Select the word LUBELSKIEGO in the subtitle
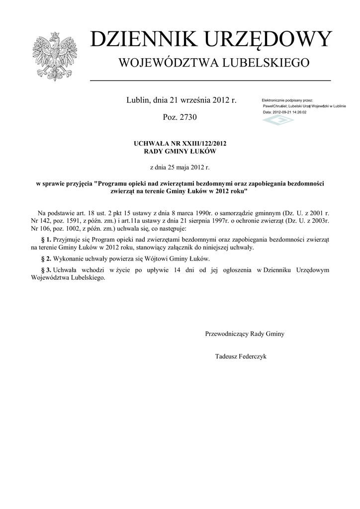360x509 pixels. (266, 63)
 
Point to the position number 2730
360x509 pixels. (187, 117)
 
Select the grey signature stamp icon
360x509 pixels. (278, 120)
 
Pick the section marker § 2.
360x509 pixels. (46, 259)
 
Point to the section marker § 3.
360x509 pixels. (46, 270)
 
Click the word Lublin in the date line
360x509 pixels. (137, 100)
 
